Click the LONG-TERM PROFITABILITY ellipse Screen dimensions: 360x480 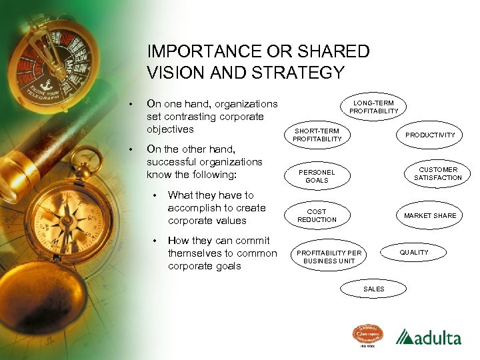click(373, 107)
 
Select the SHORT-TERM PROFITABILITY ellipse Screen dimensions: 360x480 click(317, 135)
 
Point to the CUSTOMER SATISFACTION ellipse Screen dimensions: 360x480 click(437, 174)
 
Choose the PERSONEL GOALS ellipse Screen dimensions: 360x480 click(317, 176)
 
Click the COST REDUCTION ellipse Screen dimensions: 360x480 click(317, 215)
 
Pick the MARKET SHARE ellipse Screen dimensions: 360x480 click(430, 215)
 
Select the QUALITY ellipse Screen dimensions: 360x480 click(414, 253)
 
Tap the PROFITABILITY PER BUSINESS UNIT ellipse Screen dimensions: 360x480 click(329, 257)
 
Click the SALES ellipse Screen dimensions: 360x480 click(374, 289)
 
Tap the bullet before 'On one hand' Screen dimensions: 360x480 click(132, 105)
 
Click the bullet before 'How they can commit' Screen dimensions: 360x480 click(154, 241)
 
